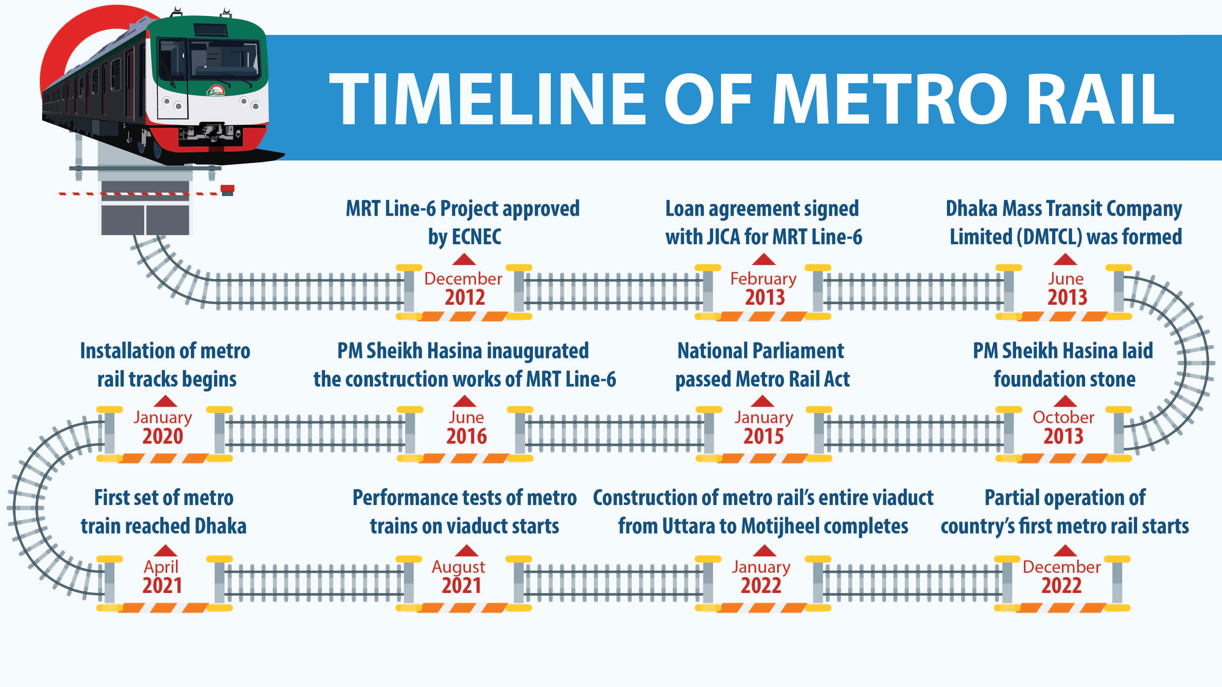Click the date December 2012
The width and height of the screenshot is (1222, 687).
(463, 288)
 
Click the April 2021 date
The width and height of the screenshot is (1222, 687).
(162, 576)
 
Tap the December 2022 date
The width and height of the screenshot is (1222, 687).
(1062, 576)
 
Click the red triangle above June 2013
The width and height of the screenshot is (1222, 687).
(1065, 259)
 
